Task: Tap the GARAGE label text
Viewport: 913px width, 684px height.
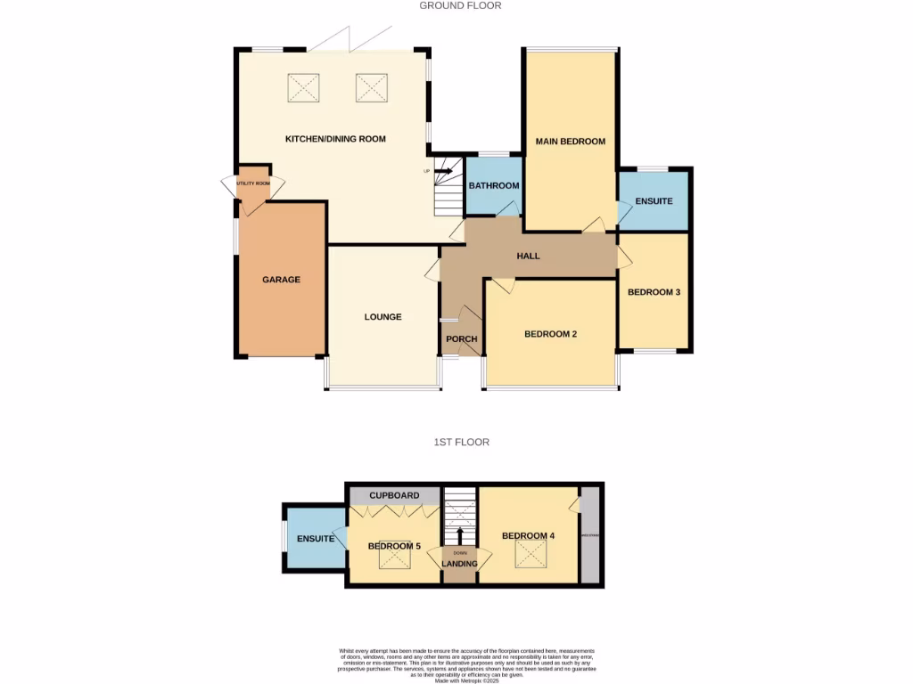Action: click(x=281, y=280)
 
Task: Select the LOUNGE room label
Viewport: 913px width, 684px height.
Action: click(x=382, y=317)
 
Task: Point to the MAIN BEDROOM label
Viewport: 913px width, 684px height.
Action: click(x=570, y=142)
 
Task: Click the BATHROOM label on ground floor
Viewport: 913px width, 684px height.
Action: click(x=494, y=186)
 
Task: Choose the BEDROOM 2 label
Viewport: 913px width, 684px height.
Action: click(x=550, y=334)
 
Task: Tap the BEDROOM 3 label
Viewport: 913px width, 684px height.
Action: click(x=654, y=292)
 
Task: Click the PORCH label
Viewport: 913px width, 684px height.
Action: click(x=461, y=339)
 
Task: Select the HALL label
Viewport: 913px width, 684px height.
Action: click(x=529, y=256)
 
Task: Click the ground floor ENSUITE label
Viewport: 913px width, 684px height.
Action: click(x=654, y=201)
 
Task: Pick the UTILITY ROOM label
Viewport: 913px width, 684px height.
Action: click(x=252, y=183)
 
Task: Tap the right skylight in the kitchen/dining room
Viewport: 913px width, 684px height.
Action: click(x=373, y=88)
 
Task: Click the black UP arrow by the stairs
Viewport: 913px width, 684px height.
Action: click(x=443, y=171)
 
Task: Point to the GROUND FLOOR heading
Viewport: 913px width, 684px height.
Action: click(x=460, y=5)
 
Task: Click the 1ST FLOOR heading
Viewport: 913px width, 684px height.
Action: click(x=461, y=442)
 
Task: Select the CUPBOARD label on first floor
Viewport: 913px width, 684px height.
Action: click(x=394, y=495)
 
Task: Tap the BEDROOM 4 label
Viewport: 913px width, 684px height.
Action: click(x=528, y=536)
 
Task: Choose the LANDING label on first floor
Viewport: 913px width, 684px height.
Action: click(x=460, y=564)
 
